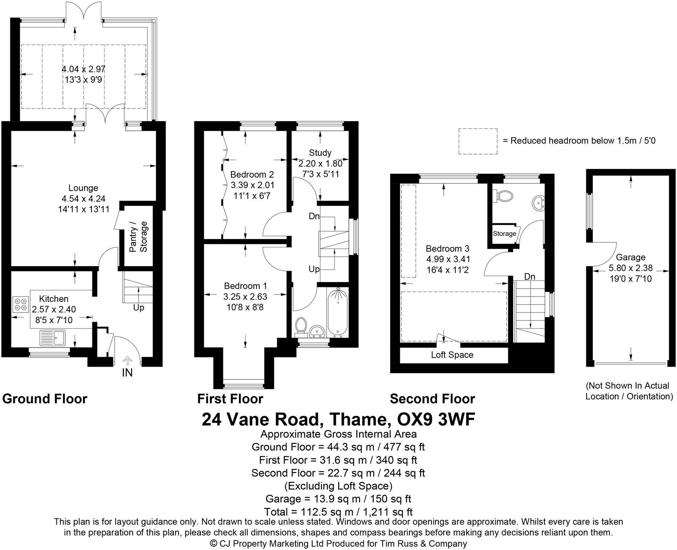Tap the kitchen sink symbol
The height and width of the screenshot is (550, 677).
click(53, 337)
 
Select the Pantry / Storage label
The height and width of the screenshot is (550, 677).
click(138, 237)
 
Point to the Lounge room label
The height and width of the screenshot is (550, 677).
click(83, 188)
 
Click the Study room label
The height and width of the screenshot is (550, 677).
click(320, 153)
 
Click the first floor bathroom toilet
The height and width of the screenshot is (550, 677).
click(302, 326)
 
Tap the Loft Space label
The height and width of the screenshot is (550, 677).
click(452, 355)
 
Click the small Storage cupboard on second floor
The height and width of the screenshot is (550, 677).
click(504, 233)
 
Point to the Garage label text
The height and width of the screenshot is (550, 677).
click(630, 257)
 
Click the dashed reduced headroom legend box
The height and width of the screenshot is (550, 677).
click(478, 141)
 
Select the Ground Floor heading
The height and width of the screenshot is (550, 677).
click(45, 399)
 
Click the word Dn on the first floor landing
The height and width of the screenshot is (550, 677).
click(314, 216)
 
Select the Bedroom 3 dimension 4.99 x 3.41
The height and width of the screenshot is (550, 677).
click(448, 260)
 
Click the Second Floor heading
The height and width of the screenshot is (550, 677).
click(432, 399)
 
